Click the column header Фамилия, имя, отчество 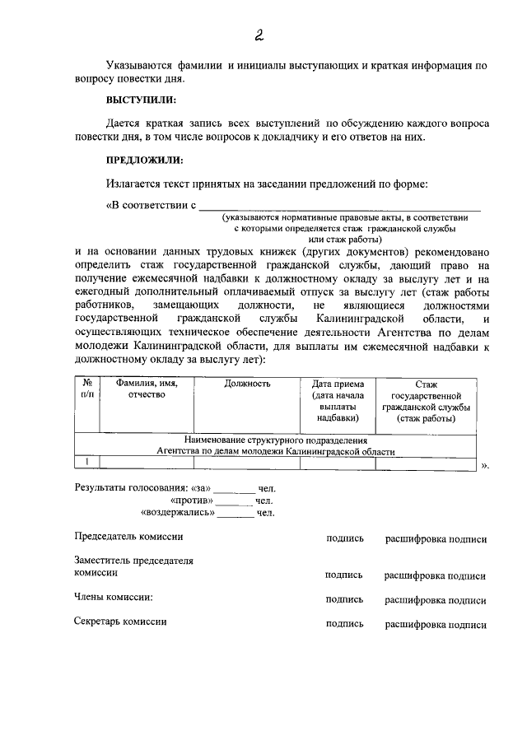click(x=147, y=389)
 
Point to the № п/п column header click(x=86, y=389)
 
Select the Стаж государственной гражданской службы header click(x=424, y=401)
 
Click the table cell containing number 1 click(x=86, y=462)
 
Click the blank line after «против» click(x=235, y=501)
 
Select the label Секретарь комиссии click(x=120, y=622)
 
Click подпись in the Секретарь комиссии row click(x=344, y=624)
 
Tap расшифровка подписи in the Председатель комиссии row click(x=436, y=539)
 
